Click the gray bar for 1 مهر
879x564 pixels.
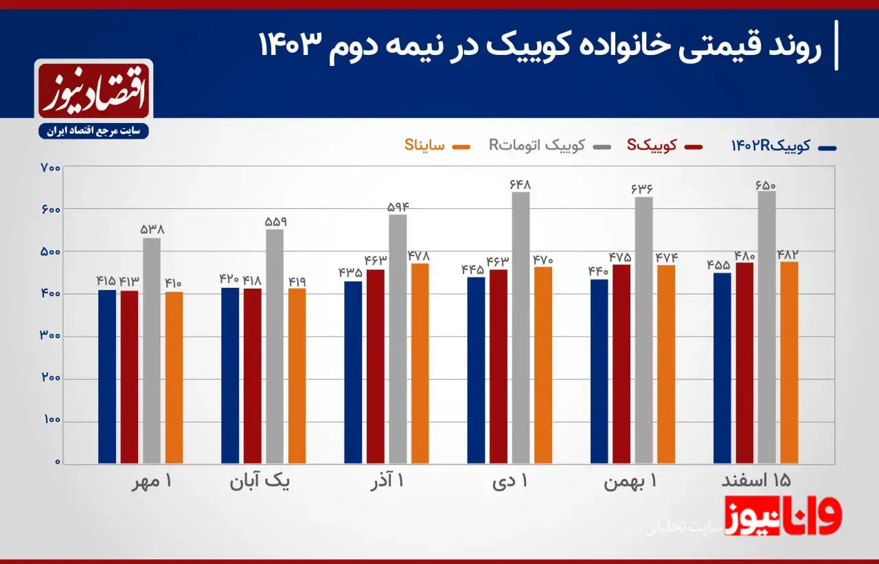pyautogui.click(x=152, y=350)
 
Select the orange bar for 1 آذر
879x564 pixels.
pyautogui.click(x=420, y=363)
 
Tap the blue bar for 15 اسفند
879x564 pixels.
pyautogui.click(x=722, y=368)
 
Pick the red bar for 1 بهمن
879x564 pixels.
pyautogui.click(x=621, y=363)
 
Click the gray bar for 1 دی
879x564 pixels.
pyautogui.click(x=521, y=327)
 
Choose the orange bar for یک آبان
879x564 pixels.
pyautogui.click(x=297, y=375)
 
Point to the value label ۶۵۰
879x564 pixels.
pyautogui.click(x=766, y=184)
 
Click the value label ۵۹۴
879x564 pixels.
pyautogui.click(x=397, y=207)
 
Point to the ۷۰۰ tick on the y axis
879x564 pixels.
pyautogui.click(x=51, y=168)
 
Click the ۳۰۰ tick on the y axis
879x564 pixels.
pyautogui.click(x=51, y=336)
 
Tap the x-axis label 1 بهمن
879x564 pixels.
pyautogui.click(x=630, y=482)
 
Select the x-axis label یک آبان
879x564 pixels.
pyautogui.click(x=260, y=482)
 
